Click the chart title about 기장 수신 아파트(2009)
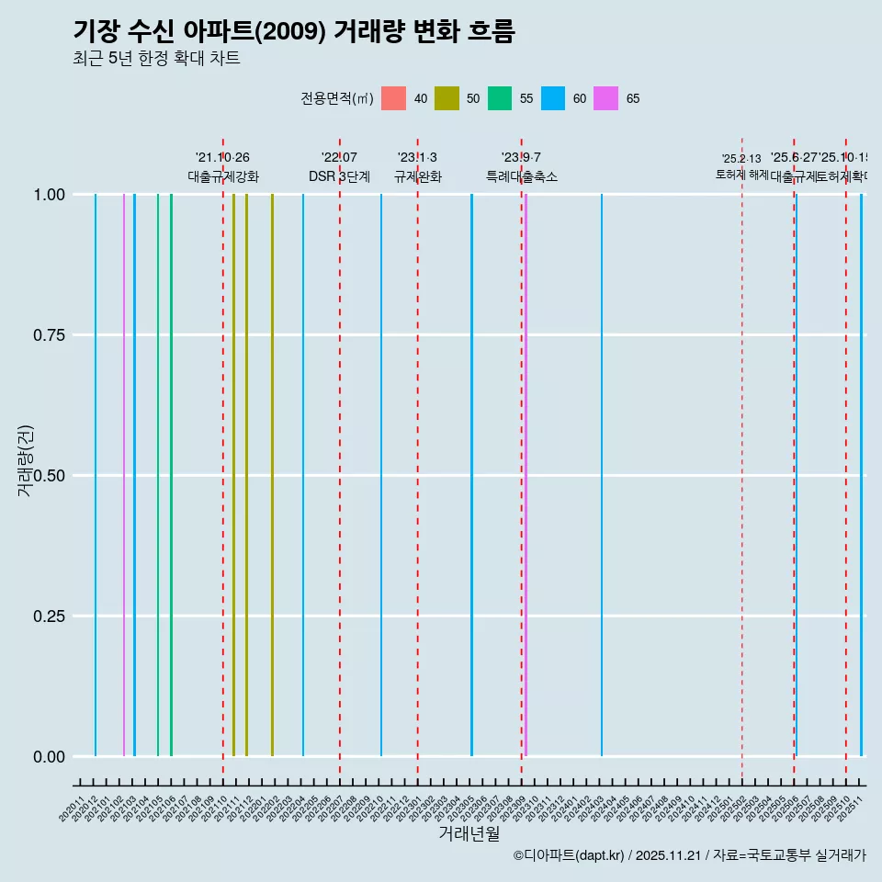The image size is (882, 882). tap(294, 31)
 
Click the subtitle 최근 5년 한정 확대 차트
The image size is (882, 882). tap(156, 59)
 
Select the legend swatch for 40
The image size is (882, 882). tap(393, 98)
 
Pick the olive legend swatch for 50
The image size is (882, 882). tap(447, 98)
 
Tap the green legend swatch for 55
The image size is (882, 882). tap(500, 98)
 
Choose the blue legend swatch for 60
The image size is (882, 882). tap(553, 98)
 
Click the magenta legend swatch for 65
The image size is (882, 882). tap(606, 98)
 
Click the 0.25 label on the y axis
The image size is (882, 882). tap(48, 616)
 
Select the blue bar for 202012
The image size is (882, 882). tap(96, 475)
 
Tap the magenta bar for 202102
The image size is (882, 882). tap(124, 475)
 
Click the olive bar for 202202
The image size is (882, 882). tap(272, 475)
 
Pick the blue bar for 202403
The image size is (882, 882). tap(602, 475)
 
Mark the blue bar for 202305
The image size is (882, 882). tap(471, 475)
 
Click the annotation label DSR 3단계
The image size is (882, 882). tap(339, 176)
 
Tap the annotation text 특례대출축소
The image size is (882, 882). tap(522, 176)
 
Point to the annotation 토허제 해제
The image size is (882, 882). tap(741, 174)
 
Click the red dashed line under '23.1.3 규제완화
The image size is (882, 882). tap(418, 459)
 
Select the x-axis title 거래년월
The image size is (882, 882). tap(469, 833)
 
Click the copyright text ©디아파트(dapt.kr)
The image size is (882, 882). tap(570, 856)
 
